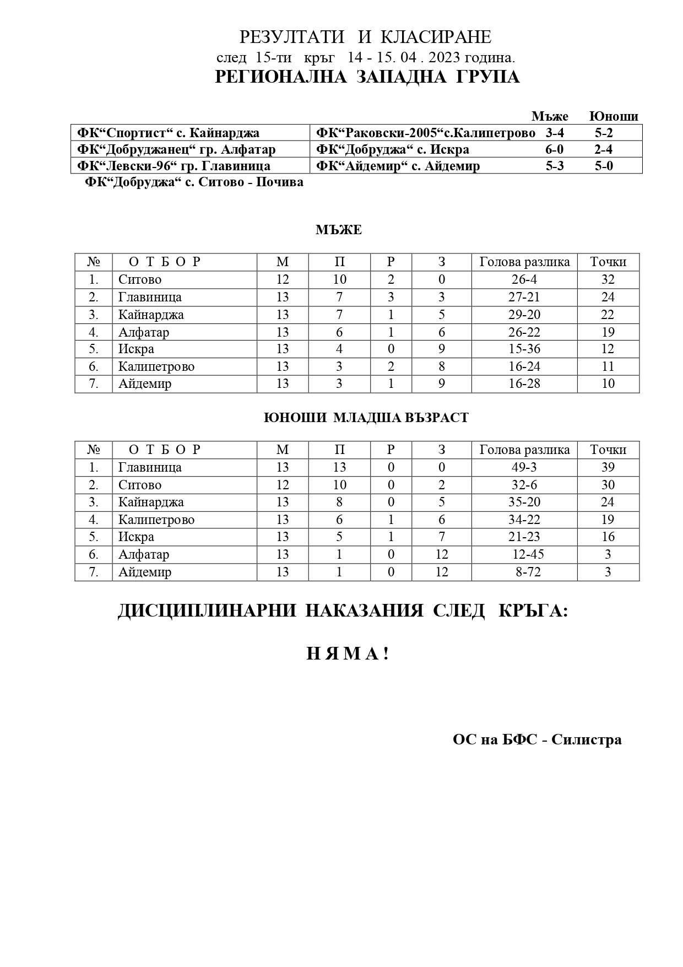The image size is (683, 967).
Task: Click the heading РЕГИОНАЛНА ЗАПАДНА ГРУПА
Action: click(x=367, y=77)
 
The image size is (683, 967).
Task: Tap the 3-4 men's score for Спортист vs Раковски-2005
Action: click(x=555, y=133)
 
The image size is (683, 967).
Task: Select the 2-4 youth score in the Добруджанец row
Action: click(x=604, y=149)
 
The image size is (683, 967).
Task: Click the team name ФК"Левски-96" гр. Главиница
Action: click(x=174, y=166)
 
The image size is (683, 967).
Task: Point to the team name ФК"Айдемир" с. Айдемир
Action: click(x=398, y=166)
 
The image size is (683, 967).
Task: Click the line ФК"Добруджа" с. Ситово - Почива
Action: click(x=194, y=182)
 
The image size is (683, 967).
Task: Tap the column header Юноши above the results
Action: click(x=613, y=116)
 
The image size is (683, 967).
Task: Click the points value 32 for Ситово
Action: click(x=608, y=279)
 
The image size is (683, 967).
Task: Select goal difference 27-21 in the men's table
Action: click(x=524, y=297)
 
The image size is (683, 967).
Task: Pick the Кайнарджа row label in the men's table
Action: click(x=151, y=315)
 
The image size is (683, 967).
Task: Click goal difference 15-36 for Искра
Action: click(x=524, y=349)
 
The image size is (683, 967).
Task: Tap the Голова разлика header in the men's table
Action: click(x=524, y=262)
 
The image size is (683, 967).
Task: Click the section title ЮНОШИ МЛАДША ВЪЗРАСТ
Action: click(x=366, y=418)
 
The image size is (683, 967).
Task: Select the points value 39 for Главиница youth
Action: click(x=608, y=467)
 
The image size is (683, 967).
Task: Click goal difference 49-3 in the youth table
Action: click(x=524, y=467)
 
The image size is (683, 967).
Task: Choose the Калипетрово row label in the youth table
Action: click(x=156, y=520)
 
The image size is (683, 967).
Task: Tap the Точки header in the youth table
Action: click(x=608, y=450)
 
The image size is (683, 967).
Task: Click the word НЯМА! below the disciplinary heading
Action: click(x=348, y=654)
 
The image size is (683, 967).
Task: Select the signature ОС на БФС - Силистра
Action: click(x=537, y=739)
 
